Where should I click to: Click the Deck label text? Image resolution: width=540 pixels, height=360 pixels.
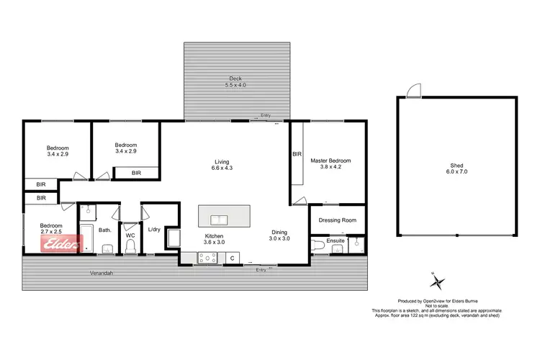(235, 78)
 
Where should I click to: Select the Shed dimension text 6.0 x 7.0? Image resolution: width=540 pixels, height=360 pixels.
(457, 173)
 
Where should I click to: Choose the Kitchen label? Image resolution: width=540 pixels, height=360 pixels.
(213, 235)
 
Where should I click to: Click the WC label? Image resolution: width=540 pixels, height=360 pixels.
(130, 234)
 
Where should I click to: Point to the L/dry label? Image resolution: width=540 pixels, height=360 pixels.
(153, 230)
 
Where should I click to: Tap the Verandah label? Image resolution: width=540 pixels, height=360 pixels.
(102, 274)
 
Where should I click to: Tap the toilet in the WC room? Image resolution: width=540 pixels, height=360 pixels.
(130, 247)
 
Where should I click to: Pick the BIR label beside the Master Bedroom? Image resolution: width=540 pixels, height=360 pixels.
(297, 154)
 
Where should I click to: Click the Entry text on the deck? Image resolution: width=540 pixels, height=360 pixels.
(266, 115)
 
